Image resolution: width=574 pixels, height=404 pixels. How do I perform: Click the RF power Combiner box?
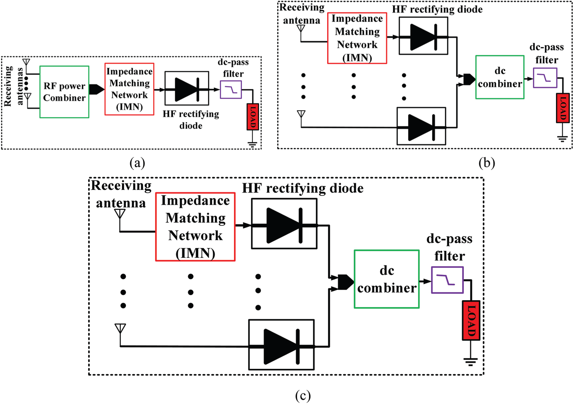[x=64, y=92]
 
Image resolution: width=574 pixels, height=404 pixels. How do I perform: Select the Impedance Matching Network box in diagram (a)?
[x=129, y=89]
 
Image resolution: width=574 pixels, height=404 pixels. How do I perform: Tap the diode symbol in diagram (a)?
[x=187, y=89]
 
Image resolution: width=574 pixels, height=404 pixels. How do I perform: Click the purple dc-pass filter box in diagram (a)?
[x=231, y=89]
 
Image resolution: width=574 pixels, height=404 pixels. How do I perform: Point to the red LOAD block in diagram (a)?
[x=253, y=117]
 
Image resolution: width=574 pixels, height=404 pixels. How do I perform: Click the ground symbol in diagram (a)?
[x=252, y=144]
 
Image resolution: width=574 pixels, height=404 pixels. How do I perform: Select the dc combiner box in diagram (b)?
[x=500, y=77]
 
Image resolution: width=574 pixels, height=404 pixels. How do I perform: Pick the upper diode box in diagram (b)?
[x=423, y=36]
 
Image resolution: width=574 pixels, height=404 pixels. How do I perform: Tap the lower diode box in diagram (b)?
[x=421, y=126]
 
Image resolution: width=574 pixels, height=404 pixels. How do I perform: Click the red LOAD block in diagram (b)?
[x=563, y=108]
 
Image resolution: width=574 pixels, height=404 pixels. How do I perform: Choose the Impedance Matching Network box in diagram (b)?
[x=357, y=38]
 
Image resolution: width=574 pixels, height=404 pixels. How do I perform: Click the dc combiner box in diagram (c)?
[x=387, y=279]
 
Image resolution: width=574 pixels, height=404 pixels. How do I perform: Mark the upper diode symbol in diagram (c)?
[x=284, y=225]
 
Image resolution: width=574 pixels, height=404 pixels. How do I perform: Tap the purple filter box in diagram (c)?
[x=447, y=280]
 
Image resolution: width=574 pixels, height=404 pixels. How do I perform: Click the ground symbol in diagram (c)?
[x=471, y=362]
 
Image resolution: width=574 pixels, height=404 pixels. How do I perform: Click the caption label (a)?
[x=137, y=163]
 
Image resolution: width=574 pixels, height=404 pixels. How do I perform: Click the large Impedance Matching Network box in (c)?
[x=195, y=227]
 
